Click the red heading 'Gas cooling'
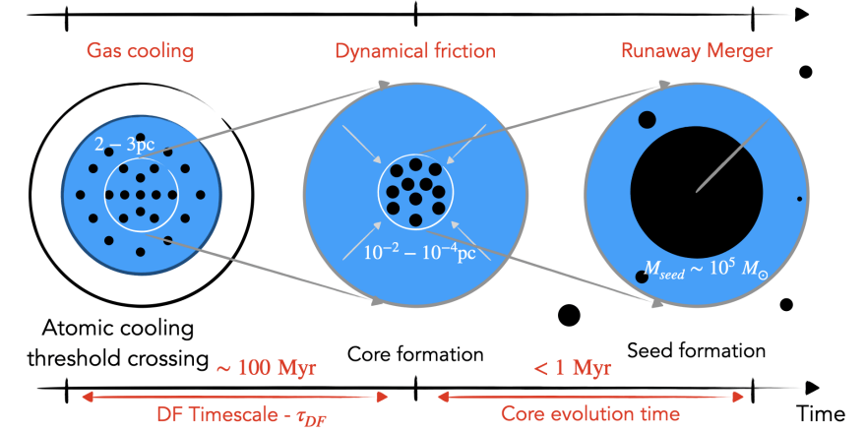point(140,50)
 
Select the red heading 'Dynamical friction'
point(415,50)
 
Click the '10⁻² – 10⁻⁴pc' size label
point(415,253)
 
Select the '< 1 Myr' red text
point(572,369)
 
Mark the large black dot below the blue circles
point(568,315)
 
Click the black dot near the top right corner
point(805,72)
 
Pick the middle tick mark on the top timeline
point(415,14)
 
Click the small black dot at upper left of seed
point(647,120)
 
